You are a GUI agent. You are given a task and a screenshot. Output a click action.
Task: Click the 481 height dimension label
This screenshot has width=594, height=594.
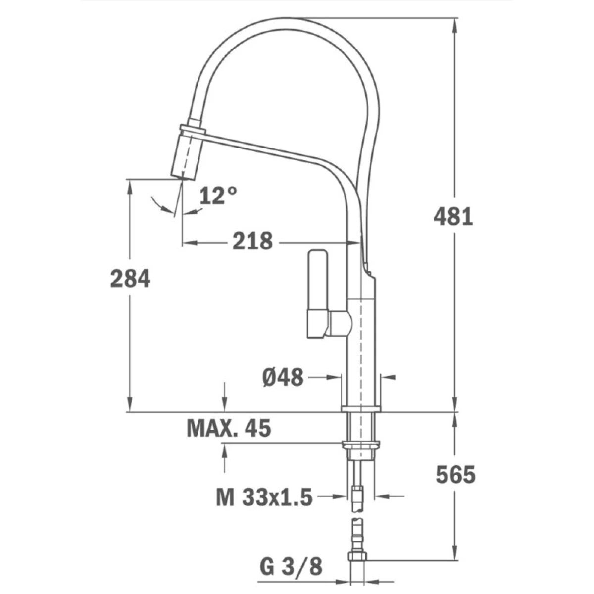[453, 217]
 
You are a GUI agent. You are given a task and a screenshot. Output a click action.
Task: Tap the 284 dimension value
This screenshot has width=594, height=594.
[130, 278]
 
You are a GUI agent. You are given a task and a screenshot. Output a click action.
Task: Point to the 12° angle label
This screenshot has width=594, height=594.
[218, 196]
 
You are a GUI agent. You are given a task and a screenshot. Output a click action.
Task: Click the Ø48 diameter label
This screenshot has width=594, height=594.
[283, 377]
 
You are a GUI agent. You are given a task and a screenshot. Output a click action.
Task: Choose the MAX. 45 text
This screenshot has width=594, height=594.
[229, 428]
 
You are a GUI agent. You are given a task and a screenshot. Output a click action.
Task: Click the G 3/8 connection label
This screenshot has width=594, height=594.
[291, 566]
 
